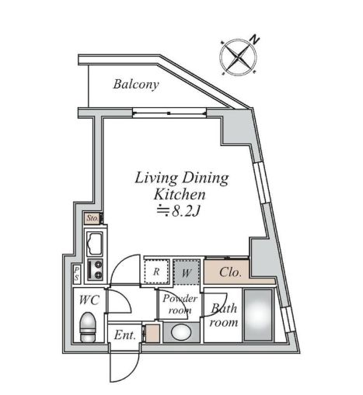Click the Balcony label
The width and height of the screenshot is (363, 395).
pos(136,85)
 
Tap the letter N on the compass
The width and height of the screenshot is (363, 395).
pos(255,40)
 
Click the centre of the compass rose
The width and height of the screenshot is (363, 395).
pos(238,57)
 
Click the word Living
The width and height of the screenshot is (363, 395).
pos(156,178)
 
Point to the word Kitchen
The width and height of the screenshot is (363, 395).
pos(180,195)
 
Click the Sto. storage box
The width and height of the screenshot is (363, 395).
pos(92,218)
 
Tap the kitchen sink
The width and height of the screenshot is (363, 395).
pos(95,244)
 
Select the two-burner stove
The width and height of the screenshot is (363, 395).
pos(95,269)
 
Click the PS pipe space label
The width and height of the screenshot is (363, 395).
pos(77,274)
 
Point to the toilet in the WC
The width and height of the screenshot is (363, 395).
pos(88,327)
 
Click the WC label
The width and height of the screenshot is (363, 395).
pos(89,300)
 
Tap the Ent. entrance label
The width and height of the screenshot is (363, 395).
pos(125,335)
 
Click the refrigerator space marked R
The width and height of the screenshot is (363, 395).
pos(157,272)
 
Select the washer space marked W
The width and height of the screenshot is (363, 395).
pos(187,272)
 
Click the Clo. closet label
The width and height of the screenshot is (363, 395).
pos(230,272)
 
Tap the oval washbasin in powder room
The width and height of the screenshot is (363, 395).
pos(181,332)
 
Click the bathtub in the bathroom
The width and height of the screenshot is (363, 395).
pos(258,315)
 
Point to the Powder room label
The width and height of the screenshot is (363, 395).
pos(180,304)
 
